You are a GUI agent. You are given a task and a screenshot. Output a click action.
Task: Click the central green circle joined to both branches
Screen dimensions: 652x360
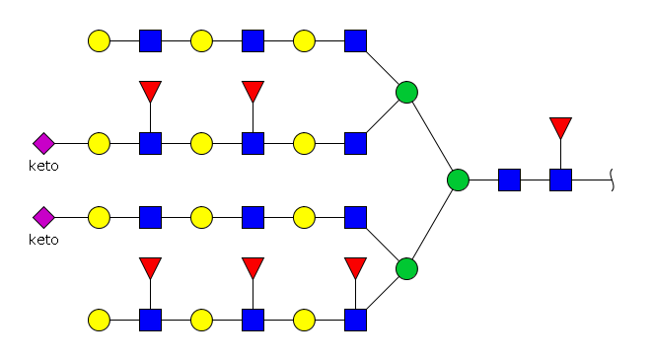tap(458, 180)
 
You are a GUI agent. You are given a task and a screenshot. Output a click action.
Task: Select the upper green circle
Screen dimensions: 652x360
tap(406, 93)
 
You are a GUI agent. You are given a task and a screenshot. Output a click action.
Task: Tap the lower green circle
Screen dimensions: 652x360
tap(406, 268)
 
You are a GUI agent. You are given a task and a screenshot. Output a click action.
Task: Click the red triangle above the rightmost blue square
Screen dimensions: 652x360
tap(560, 127)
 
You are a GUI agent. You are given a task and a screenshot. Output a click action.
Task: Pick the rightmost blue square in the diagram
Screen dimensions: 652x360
tap(560, 180)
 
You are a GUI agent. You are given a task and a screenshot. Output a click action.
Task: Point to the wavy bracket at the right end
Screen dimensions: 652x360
tap(613, 180)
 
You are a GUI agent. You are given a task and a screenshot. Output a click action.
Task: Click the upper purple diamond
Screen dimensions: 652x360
tap(43, 143)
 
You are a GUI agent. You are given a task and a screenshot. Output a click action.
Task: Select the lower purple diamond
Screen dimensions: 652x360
tap(43, 217)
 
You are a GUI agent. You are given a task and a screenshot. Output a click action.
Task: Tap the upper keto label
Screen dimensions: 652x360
tap(43, 166)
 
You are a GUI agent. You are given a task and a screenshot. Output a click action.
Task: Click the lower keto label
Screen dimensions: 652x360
tap(43, 240)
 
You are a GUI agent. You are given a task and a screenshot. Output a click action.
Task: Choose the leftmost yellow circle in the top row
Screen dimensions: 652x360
tap(99, 40)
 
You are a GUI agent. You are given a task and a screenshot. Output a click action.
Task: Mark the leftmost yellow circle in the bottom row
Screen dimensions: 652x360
tap(99, 321)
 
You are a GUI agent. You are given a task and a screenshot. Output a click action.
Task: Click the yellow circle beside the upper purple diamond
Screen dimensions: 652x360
tap(99, 143)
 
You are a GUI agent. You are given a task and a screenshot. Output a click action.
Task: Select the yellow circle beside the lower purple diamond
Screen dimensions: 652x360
tap(99, 217)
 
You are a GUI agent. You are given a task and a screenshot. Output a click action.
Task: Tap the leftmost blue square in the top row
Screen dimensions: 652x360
tap(150, 40)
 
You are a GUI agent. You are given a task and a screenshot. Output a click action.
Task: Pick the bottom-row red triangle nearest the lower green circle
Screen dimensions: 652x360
tap(355, 267)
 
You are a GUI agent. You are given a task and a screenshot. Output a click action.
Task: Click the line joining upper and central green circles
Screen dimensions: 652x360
tap(432, 136)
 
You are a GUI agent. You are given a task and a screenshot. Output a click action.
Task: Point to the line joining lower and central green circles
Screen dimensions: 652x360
tap(432, 225)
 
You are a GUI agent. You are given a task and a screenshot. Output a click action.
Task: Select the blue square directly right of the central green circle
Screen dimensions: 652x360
tap(509, 180)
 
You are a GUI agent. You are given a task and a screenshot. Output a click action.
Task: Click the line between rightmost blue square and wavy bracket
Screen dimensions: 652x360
tap(592, 180)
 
